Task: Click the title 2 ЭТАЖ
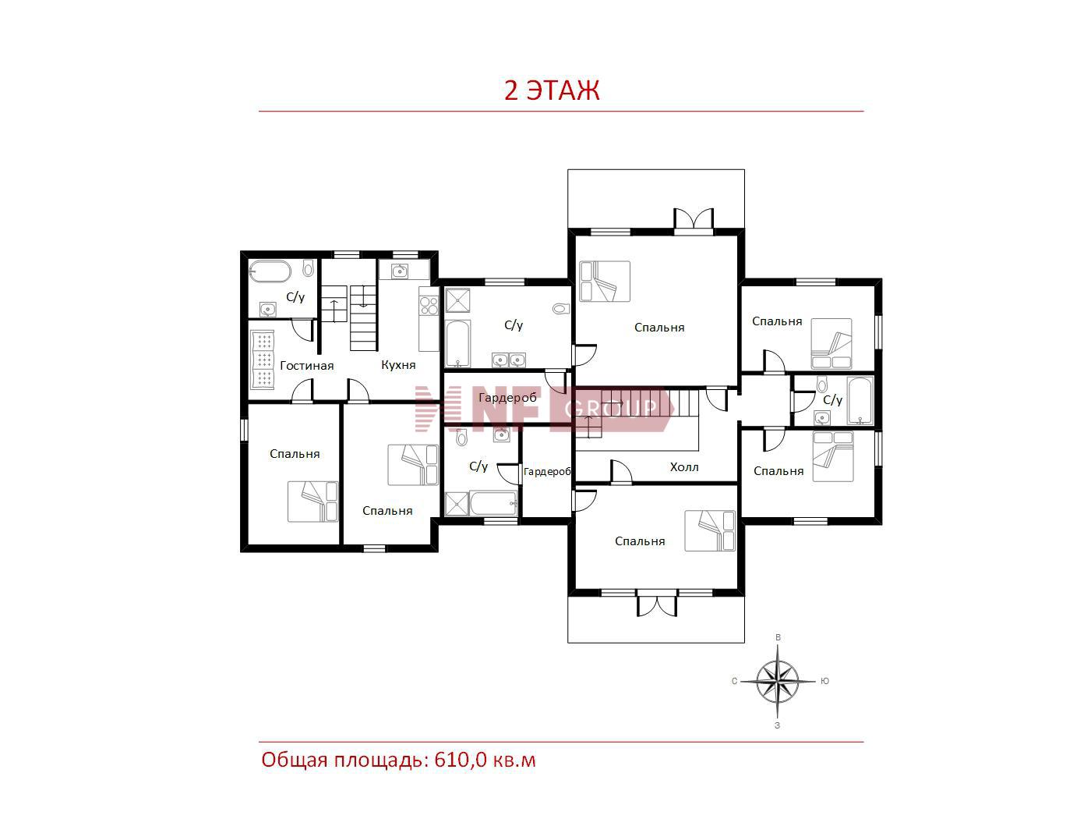[551, 90]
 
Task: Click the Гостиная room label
[307, 366]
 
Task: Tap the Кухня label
[398, 365]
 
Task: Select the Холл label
[684, 467]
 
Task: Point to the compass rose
[778, 681]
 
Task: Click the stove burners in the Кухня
[429, 305]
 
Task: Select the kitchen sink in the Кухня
[399, 271]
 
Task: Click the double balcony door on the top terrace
[694, 219]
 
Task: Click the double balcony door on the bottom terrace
[657, 604]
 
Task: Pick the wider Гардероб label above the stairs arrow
[507, 398]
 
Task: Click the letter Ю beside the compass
[824, 681]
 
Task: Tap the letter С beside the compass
[734, 681]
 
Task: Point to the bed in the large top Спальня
[605, 281]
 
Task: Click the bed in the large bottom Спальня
[709, 530]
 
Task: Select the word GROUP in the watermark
[610, 408]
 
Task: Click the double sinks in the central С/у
[508, 360]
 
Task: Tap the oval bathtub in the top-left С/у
[269, 271]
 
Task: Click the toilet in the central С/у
[560, 309]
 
